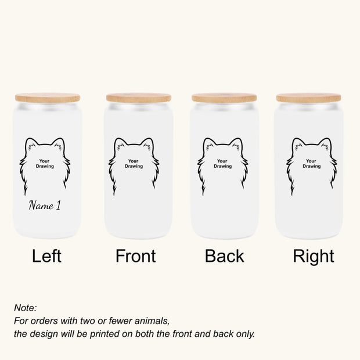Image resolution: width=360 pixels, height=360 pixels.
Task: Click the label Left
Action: pos(46,256)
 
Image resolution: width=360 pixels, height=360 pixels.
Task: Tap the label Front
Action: pos(136,256)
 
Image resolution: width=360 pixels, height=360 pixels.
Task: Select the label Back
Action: pos(224,256)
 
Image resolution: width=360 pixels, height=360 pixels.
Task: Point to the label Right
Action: pos(314,256)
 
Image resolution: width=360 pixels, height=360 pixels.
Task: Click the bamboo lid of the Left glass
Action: pos(48,98)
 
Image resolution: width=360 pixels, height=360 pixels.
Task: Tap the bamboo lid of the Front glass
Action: pos(138,98)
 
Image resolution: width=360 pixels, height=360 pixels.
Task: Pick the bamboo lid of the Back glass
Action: pos(224,98)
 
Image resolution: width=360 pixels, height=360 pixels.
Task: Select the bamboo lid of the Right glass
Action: pos(308,98)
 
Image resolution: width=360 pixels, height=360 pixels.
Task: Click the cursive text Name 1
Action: pos(45,206)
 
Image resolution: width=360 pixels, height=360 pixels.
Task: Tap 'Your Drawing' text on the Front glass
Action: pos(134,164)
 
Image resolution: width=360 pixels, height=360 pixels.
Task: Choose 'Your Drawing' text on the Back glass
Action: pos(222,164)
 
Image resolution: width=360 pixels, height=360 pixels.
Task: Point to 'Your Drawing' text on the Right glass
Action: pos(311,164)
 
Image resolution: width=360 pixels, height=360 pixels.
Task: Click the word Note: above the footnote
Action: pos(26,308)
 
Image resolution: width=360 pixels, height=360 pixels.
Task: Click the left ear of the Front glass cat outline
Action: pos(120,143)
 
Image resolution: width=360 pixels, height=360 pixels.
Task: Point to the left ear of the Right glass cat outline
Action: pos(297,143)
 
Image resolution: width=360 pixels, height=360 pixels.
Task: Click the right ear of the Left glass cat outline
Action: pos(59,143)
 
